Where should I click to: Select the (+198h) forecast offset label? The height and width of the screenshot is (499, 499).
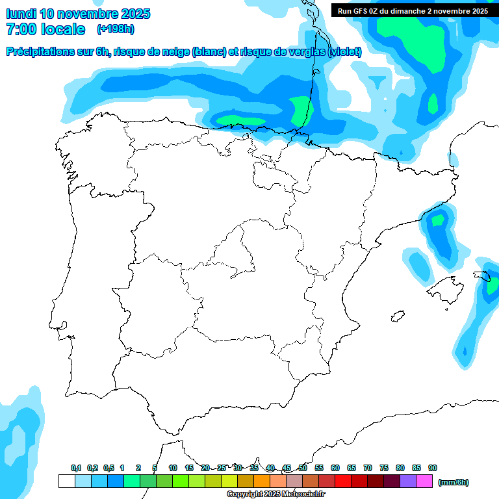(115, 29)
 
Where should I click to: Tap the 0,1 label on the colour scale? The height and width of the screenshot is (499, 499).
(76, 468)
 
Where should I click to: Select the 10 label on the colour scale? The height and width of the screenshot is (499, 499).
(172, 468)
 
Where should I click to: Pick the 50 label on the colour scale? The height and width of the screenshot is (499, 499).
(303, 468)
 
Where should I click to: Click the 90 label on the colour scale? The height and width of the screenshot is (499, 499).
(433, 468)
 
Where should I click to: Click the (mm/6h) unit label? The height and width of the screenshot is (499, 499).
(454, 481)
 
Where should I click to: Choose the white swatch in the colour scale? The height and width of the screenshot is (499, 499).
(66, 481)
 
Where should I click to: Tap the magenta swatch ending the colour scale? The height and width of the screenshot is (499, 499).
(424, 481)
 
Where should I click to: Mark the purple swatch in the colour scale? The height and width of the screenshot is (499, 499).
(408, 481)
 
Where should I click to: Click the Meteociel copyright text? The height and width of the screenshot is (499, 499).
(275, 494)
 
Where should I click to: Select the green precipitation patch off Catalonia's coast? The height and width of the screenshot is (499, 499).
(438, 220)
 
